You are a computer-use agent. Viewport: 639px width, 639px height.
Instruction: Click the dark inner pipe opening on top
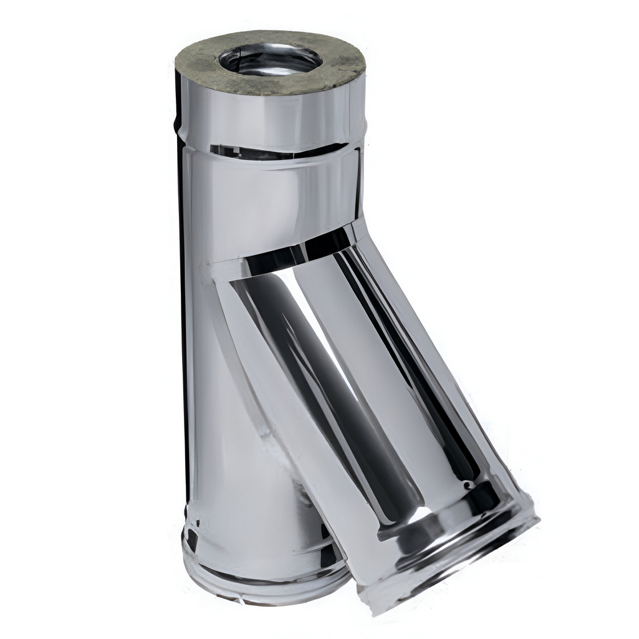pos(270,60)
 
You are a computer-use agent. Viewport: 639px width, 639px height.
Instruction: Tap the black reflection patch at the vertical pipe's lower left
pos(191,536)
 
